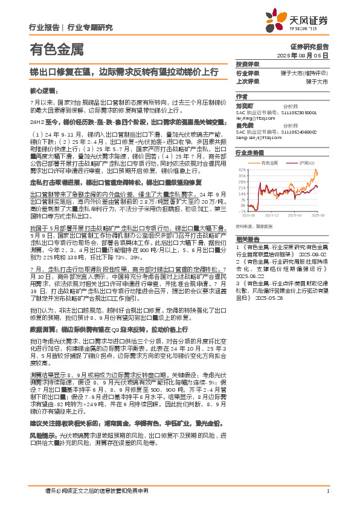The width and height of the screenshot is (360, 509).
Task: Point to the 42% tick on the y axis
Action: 242,170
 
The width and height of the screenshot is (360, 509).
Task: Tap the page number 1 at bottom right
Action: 327,491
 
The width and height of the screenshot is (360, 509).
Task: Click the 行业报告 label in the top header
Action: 43,27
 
